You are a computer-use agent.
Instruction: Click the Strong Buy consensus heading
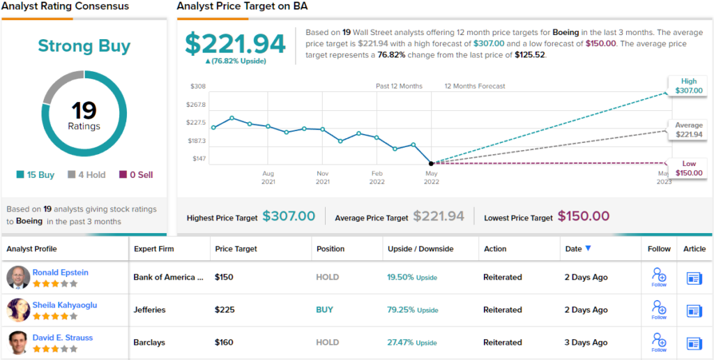84,46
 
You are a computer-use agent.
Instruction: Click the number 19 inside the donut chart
84,110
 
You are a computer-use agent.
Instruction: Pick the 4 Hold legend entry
86,175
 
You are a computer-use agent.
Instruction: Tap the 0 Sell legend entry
137,175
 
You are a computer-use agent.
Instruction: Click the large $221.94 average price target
235,44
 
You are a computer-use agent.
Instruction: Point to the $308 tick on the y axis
198,87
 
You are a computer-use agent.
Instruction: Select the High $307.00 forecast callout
688,86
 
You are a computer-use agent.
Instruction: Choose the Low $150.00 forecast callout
688,168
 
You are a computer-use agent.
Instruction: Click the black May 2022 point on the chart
432,163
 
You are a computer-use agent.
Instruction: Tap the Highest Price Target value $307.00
289,217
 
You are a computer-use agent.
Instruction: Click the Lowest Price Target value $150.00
583,217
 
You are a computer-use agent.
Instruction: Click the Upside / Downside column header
420,249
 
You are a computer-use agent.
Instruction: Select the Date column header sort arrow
588,248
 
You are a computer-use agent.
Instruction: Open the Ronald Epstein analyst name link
61,272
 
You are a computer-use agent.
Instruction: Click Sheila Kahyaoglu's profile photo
18,310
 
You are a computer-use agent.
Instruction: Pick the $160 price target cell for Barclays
224,343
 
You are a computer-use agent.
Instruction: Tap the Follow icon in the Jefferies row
659,308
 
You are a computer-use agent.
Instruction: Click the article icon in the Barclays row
694,343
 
